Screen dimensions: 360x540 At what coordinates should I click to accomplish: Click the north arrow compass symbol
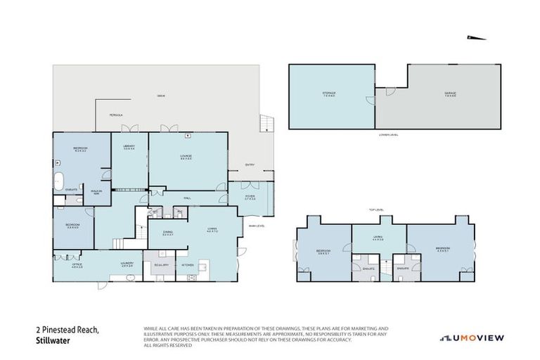coord(475,37)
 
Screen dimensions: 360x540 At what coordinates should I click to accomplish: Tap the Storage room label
coord(329,94)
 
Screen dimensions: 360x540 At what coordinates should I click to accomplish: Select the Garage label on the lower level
coord(449,94)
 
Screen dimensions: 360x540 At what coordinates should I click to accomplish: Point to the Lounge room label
coord(186,156)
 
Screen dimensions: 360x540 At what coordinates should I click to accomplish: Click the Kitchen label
coord(188,264)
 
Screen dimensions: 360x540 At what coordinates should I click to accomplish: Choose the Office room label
coord(77,265)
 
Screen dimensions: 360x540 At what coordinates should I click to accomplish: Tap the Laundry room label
coord(127,264)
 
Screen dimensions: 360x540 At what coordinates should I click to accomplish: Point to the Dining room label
coord(167,233)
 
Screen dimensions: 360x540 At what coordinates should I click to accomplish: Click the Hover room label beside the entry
coord(250,198)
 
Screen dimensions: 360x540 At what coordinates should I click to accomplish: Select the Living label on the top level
coord(378,239)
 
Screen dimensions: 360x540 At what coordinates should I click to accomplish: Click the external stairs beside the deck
coord(265,124)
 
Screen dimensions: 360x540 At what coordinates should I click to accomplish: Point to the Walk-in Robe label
coord(97,190)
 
